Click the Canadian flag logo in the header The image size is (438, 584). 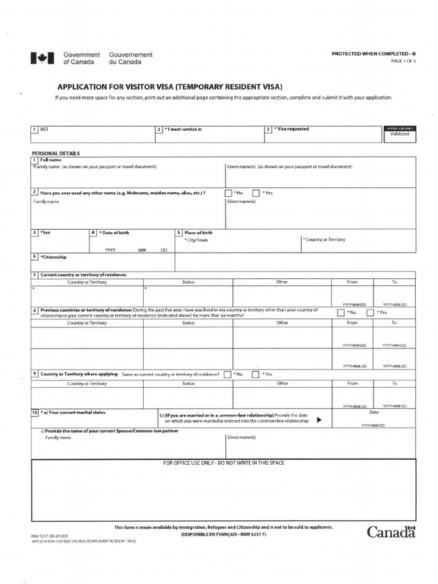[x=42, y=58]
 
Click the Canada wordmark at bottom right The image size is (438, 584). [x=391, y=532]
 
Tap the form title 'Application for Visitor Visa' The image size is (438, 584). [x=169, y=87]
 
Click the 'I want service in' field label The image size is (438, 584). [x=184, y=129]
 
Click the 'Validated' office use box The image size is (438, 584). [x=400, y=134]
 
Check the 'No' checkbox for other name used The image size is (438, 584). [x=229, y=193]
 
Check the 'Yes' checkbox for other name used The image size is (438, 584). [x=256, y=193]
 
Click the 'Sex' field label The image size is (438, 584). [x=45, y=233]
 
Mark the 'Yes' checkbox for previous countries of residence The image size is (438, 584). [x=370, y=313]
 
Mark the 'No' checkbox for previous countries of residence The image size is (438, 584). [x=340, y=313]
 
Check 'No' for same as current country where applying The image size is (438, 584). [x=228, y=375]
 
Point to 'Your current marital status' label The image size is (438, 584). [x=72, y=412]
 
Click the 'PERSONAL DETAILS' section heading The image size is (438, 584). [x=56, y=153]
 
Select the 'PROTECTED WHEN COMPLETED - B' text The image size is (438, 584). [x=374, y=54]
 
